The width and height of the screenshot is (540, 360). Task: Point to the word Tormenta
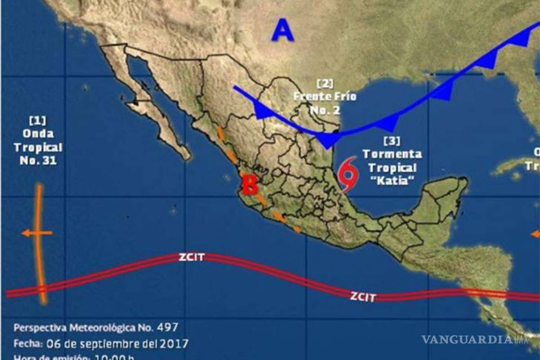392,154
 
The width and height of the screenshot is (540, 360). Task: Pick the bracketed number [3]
392,141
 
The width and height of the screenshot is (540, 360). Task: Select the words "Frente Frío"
324,96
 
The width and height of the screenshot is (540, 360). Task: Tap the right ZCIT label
362,297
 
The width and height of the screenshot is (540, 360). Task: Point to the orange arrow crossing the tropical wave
36,233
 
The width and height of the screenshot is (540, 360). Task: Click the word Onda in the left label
37,134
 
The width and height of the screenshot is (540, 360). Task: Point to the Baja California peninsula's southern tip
185,156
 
